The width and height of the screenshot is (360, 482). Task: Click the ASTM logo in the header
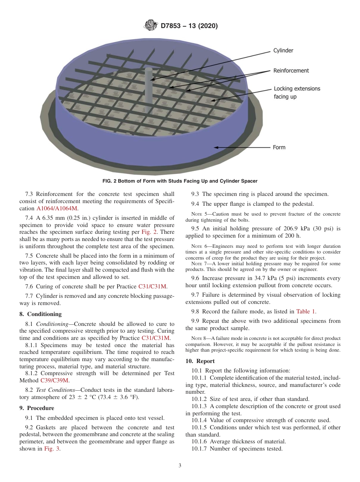[x=151, y=26]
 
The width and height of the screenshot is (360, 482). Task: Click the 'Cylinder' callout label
[x=283, y=50]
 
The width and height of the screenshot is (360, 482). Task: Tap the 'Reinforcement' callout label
[x=291, y=70]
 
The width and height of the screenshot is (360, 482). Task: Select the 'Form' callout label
[x=279, y=147]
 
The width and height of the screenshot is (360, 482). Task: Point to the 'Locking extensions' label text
[x=297, y=89]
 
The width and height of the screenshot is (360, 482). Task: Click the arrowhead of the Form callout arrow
[x=216, y=147]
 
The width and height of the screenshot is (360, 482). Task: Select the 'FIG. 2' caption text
[x=180, y=181]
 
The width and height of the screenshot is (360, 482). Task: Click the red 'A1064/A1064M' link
[x=57, y=209]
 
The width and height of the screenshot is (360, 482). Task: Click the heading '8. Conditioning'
[x=40, y=314]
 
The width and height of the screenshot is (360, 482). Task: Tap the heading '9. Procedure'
[x=37, y=408]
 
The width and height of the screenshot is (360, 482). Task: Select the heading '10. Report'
[x=200, y=361]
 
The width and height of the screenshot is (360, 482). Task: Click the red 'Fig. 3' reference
[x=52, y=449]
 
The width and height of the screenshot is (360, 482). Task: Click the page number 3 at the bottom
[x=180, y=466]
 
